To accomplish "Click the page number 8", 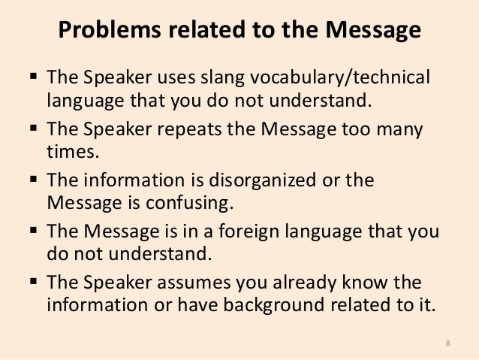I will tap(447, 343).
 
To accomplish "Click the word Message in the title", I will tap(368, 33).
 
